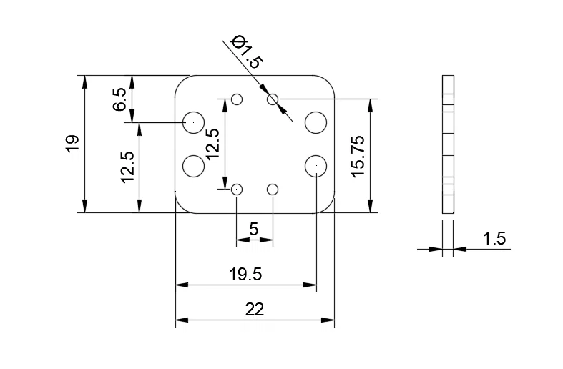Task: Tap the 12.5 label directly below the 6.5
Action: point(127,167)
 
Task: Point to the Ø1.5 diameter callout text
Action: point(248,51)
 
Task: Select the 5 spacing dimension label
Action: point(253,230)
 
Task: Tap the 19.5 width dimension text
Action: point(245,274)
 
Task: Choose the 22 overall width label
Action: point(254,310)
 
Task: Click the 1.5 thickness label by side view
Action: point(494,239)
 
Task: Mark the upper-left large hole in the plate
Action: point(193,122)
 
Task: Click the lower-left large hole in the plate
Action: point(193,166)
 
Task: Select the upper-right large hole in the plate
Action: point(315,122)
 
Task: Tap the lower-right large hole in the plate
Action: point(315,166)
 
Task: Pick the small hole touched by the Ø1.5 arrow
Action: point(273,99)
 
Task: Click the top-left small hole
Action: point(238,99)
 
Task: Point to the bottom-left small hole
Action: point(238,190)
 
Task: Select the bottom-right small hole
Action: point(273,190)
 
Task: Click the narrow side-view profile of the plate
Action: point(449,144)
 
